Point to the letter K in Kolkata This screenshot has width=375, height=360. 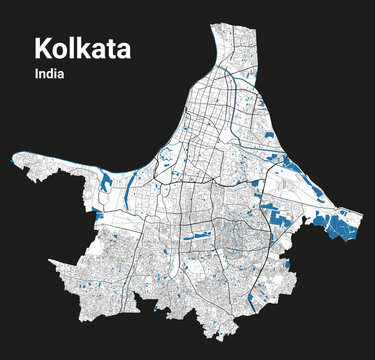(x=42, y=47)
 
